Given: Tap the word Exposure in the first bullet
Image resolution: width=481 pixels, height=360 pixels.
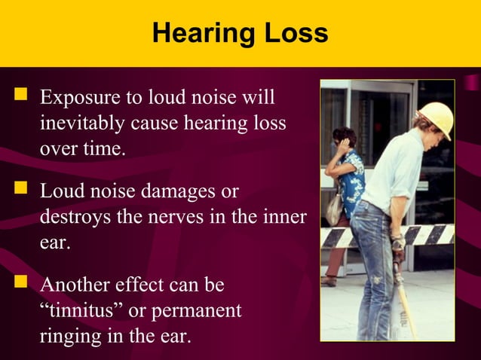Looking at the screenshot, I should coord(78,99).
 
